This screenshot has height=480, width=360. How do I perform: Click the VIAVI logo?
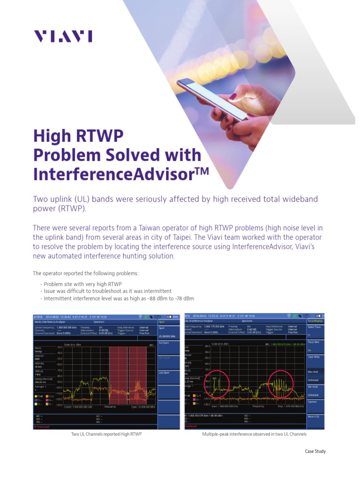(x=62, y=36)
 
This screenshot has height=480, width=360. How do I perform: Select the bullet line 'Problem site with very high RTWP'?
(x=82, y=284)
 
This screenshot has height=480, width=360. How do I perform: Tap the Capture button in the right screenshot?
(x=313, y=402)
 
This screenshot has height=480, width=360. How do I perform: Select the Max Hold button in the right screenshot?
(x=313, y=372)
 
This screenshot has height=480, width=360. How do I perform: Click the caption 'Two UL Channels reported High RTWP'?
(x=106, y=435)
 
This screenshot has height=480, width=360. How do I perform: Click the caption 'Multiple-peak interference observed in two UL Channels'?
(x=254, y=435)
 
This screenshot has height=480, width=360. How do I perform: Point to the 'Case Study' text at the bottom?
(x=315, y=451)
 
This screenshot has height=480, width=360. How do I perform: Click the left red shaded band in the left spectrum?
(x=118, y=375)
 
